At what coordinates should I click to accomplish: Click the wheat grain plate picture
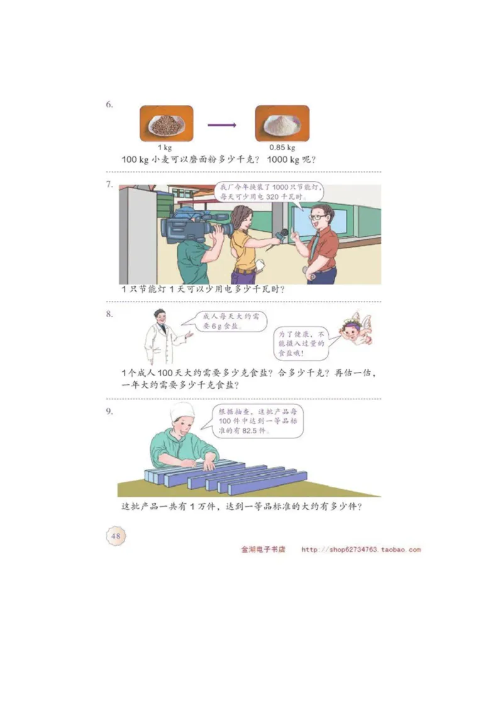[166, 123]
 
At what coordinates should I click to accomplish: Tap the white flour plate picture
[282, 123]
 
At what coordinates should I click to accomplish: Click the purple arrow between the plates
[223, 124]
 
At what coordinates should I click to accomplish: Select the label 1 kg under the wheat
[167, 148]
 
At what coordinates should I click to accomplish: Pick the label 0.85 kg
[282, 148]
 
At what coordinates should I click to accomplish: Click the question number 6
[109, 105]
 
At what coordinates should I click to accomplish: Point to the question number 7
[109, 185]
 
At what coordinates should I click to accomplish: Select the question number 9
[109, 411]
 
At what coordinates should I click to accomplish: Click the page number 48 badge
[116, 536]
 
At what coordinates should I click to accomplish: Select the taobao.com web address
[361, 550]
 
